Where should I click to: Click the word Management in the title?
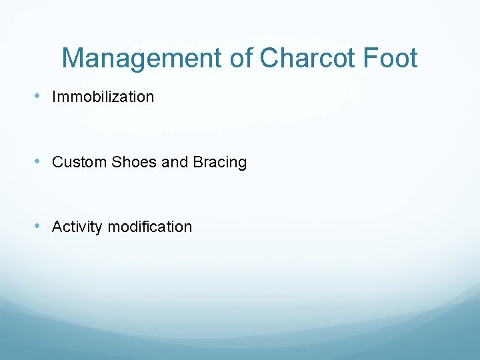(141, 59)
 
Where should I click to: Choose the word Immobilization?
(103, 97)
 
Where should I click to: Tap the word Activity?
(77, 227)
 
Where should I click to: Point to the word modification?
(149, 227)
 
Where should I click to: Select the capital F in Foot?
(369, 59)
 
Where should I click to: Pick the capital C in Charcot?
(269, 59)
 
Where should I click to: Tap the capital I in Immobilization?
(54, 97)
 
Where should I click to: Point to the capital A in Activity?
(57, 227)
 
